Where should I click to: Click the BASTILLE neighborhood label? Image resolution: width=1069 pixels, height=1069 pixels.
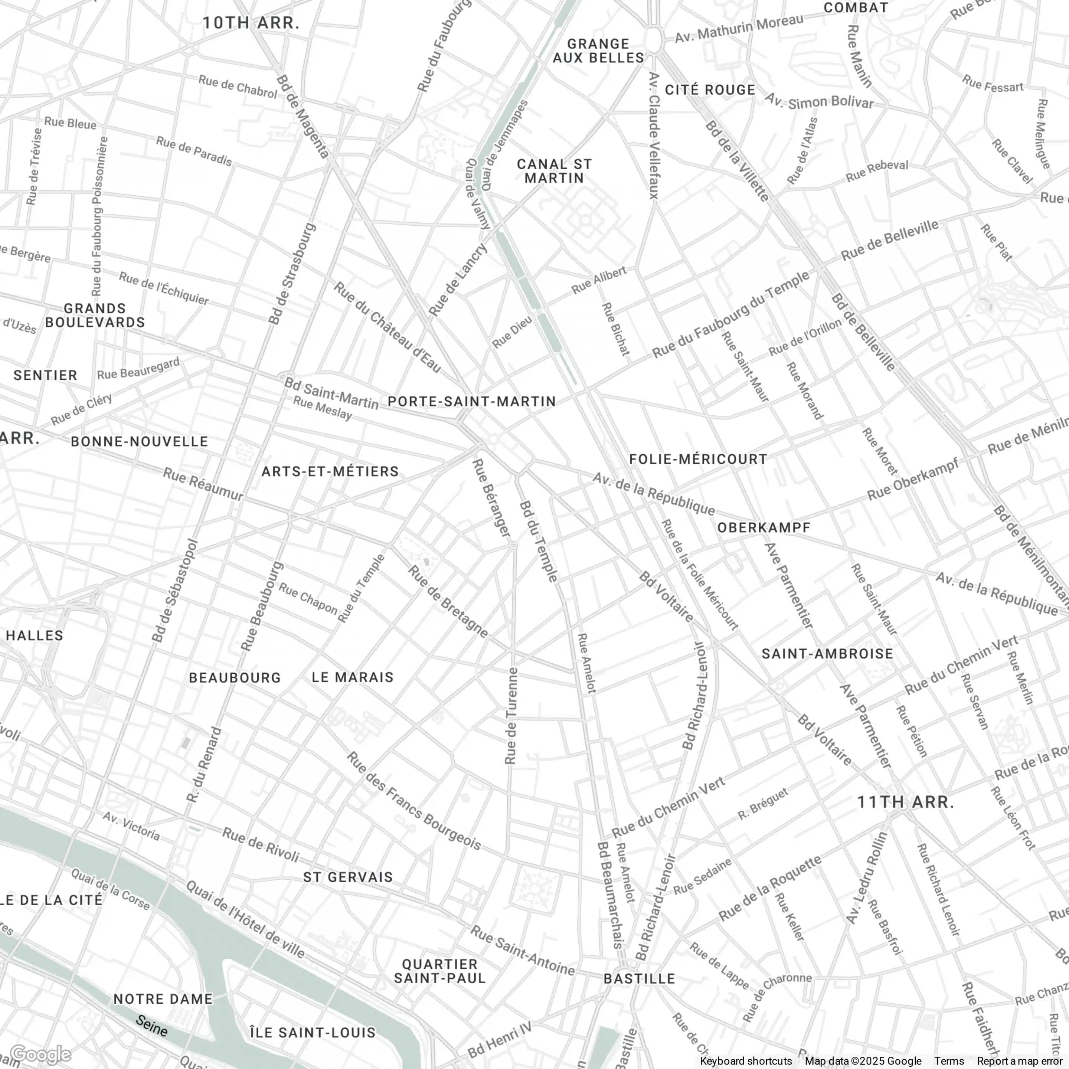tap(639, 979)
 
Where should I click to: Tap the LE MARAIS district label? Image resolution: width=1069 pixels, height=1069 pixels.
tap(353, 677)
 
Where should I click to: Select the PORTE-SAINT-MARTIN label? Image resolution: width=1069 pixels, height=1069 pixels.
tap(471, 402)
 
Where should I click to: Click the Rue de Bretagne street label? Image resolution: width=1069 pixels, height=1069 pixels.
tap(448, 601)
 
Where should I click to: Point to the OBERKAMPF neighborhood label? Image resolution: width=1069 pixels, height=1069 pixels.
tap(764, 528)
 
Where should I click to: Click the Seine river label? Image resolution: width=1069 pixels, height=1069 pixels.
tap(151, 1026)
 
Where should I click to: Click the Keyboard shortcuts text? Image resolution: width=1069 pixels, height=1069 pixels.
tap(745, 1061)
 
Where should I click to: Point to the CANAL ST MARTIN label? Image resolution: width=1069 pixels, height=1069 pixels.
tap(555, 171)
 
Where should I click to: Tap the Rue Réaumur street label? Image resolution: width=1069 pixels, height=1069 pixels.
tap(203, 484)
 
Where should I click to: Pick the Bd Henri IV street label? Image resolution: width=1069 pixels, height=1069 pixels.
tap(499, 1040)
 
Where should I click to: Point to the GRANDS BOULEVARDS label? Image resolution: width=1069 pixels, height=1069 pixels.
tap(95, 316)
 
